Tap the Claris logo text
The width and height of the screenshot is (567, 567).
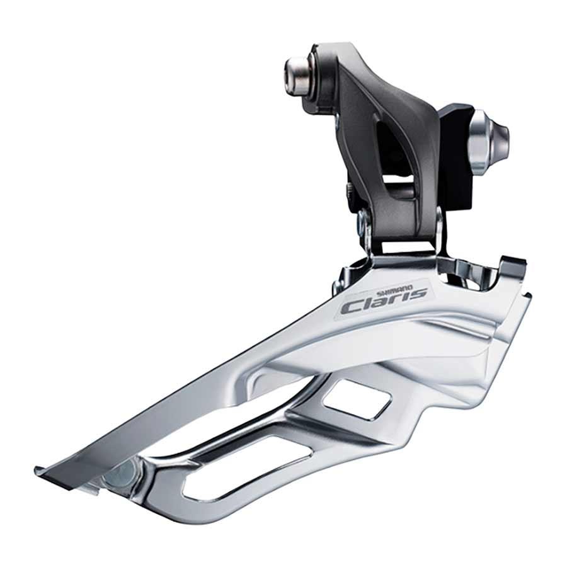click(x=384, y=302)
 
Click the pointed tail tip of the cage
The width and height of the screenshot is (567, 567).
click(x=40, y=470)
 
